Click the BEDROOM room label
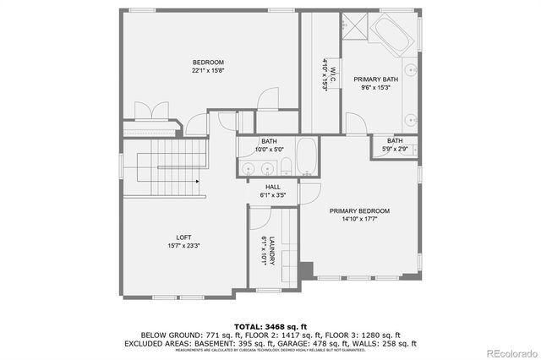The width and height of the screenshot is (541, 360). [x=208, y=63]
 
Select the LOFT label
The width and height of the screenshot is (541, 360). [x=183, y=237]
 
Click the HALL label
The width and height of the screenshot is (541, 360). [x=273, y=187]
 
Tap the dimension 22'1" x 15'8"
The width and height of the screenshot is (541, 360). [x=208, y=71]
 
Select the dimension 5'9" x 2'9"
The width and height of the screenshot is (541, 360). [x=396, y=150]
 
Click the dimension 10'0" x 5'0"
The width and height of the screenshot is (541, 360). [x=269, y=150]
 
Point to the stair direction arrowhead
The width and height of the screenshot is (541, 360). [x=198, y=180]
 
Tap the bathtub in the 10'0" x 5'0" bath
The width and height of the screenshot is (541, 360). [x=307, y=157]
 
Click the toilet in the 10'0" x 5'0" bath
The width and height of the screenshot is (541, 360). [x=286, y=165]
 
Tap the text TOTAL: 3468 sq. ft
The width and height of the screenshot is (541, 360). [x=271, y=325]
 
